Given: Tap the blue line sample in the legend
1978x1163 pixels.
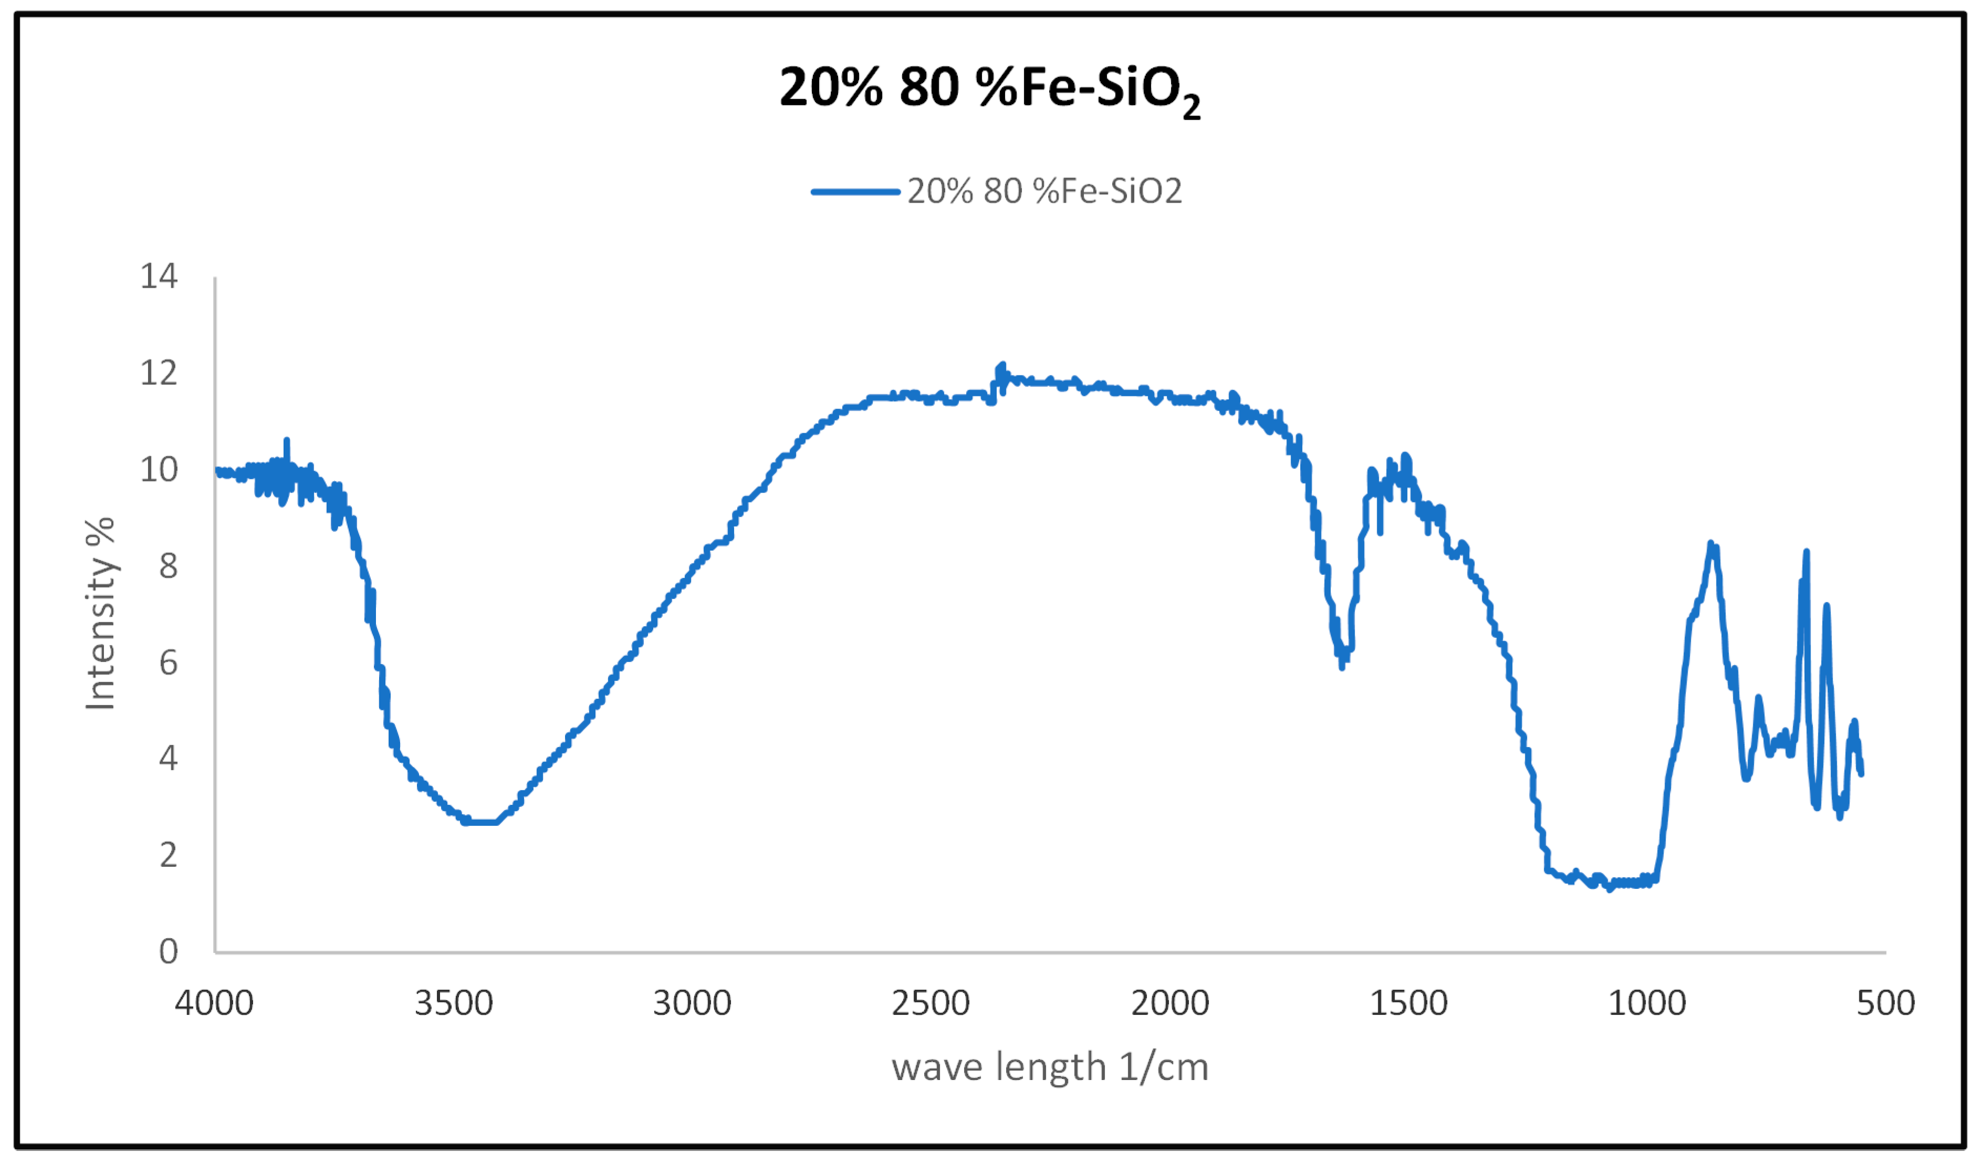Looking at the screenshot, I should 855,192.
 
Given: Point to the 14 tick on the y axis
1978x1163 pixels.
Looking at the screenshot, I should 159,276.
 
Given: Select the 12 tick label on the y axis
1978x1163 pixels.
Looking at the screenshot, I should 159,373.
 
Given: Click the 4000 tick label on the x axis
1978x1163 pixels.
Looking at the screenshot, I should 214,1003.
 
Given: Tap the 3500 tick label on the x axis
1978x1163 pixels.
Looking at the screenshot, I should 454,1003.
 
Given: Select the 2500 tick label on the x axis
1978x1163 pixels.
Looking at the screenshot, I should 931,1003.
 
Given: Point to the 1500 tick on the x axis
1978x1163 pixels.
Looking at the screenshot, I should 1409,1003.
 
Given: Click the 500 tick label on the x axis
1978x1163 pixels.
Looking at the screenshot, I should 1886,1003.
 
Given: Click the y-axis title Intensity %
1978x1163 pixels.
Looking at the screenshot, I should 100,614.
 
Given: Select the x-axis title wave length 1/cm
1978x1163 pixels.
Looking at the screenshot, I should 1050,1067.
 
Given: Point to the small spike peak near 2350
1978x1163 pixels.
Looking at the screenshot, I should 1001,365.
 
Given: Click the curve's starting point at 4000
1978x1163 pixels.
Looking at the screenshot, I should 217,469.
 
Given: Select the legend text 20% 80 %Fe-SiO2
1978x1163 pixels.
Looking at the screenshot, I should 1044,192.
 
